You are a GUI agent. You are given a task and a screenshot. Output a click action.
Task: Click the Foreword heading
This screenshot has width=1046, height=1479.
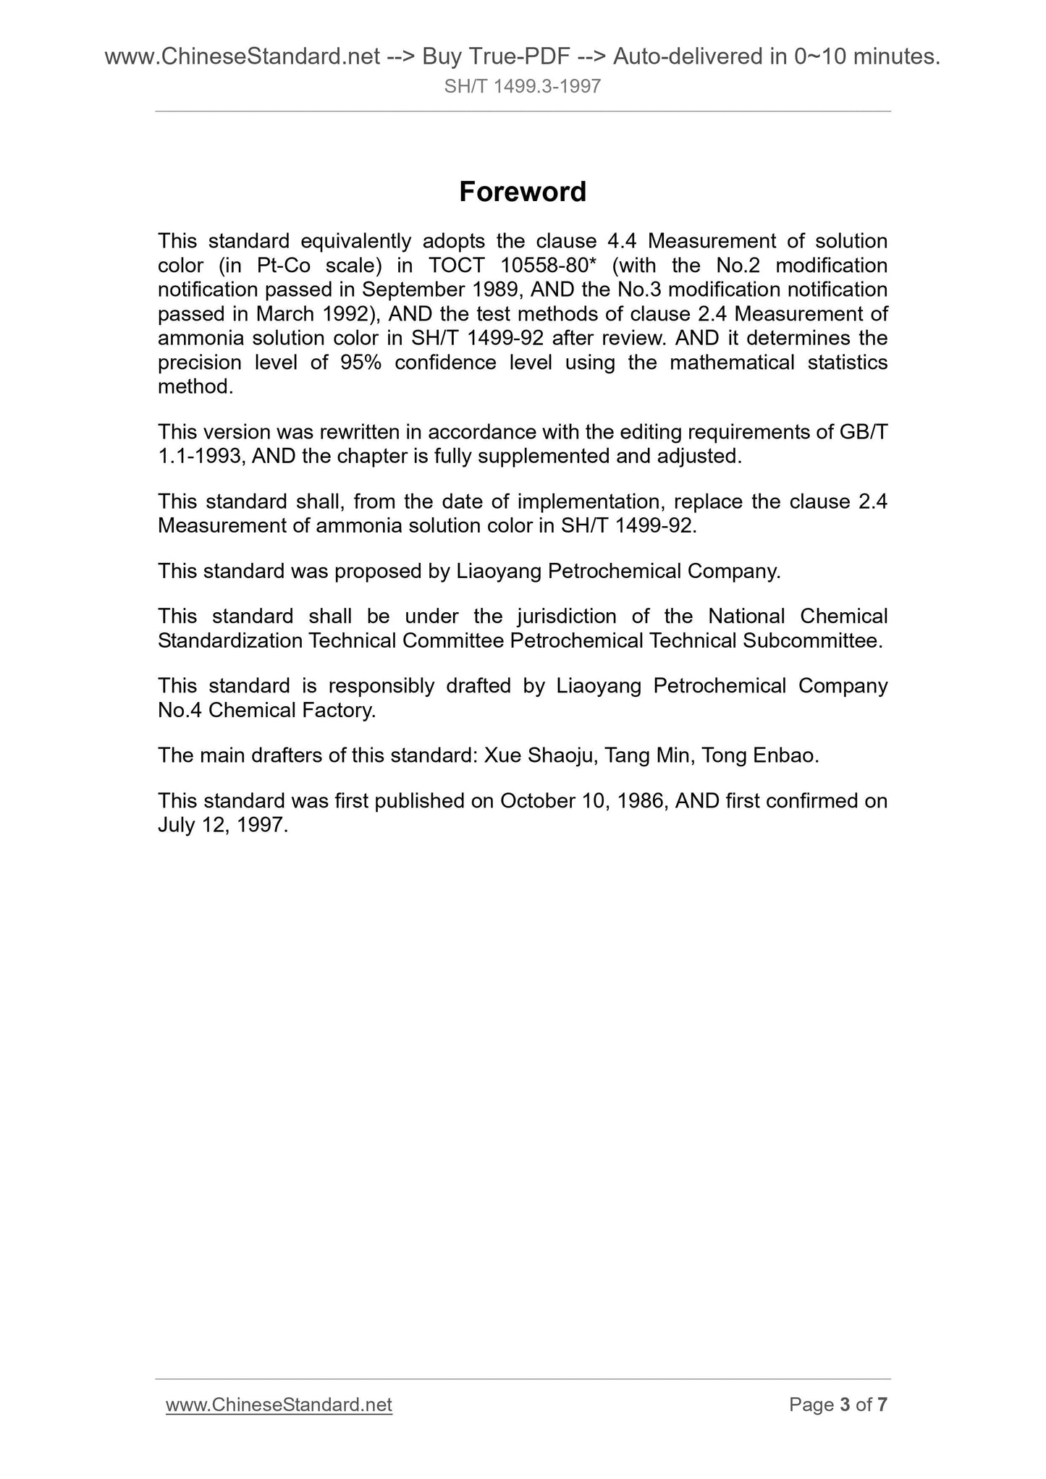pyautogui.click(x=523, y=192)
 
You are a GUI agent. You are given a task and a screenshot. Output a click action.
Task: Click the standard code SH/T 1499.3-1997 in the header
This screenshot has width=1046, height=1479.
pyautogui.click(x=523, y=87)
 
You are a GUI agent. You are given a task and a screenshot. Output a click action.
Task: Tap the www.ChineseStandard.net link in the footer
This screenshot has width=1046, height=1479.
pyautogui.click(x=279, y=1404)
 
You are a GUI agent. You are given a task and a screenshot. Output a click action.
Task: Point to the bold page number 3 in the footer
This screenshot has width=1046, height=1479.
pyautogui.click(x=844, y=1404)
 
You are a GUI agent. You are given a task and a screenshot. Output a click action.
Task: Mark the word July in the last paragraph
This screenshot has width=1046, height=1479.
pyautogui.click(x=176, y=825)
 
